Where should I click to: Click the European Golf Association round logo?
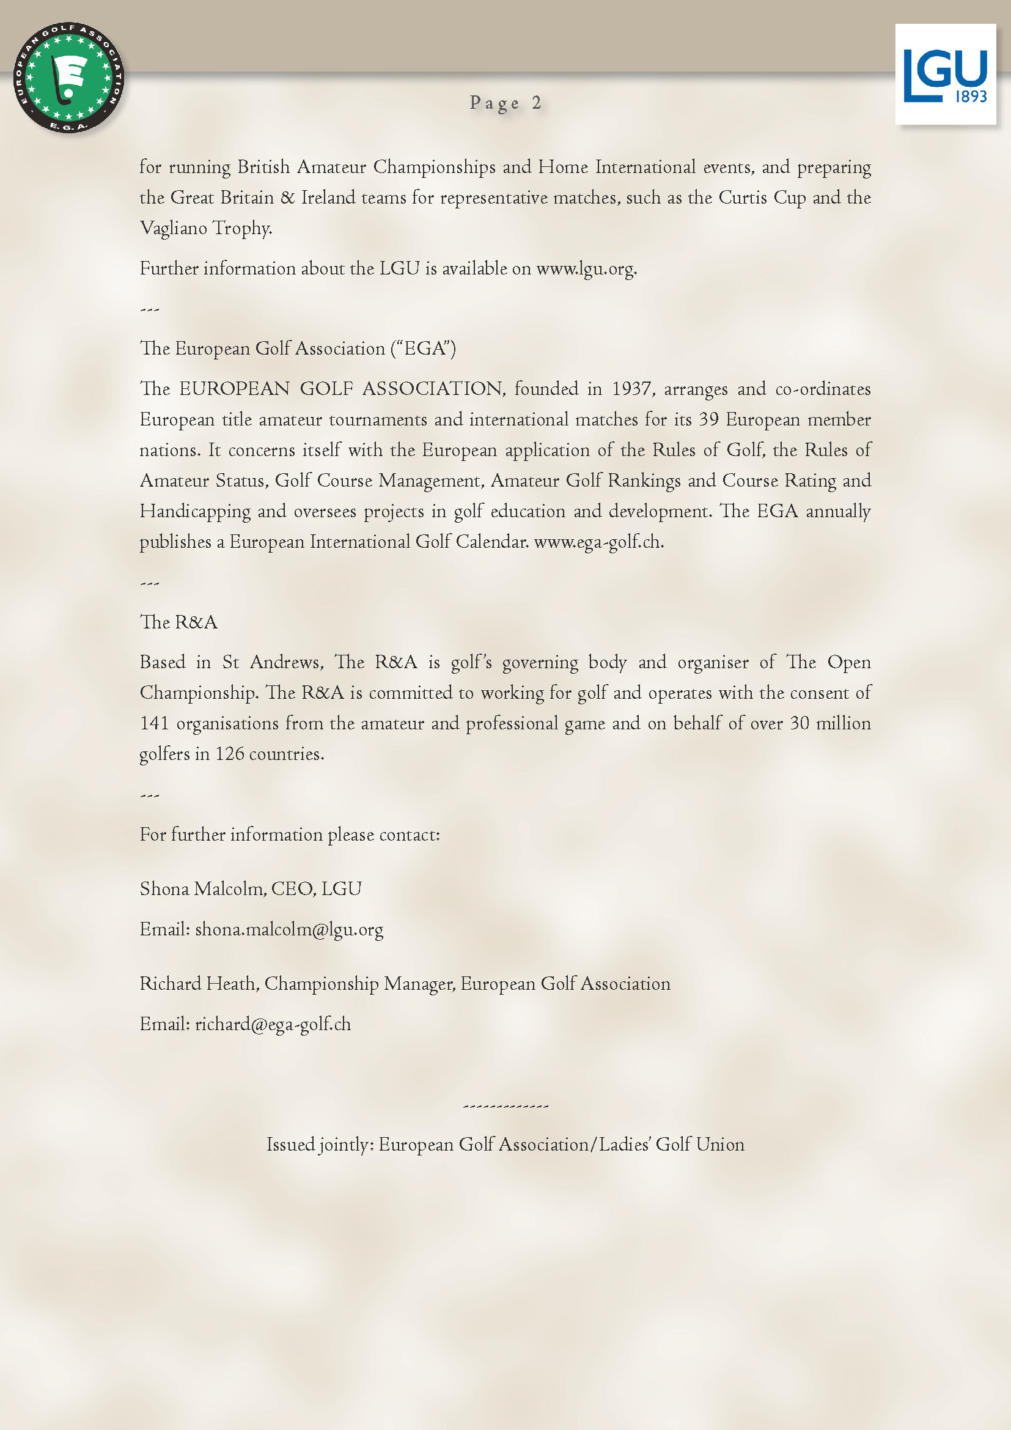[68, 78]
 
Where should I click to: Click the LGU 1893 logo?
[945, 75]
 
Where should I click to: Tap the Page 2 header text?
[505, 103]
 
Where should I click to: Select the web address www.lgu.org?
[586, 268]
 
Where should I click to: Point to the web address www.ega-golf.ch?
[598, 542]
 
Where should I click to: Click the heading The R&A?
[178, 622]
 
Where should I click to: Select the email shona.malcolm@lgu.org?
[289, 929]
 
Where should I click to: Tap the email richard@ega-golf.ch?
[273, 1024]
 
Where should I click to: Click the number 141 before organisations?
[155, 723]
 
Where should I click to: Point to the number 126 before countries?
[230, 754]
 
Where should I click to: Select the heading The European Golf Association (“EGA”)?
[298, 348]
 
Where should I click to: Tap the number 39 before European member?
[708, 419]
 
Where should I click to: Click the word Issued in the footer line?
[290, 1144]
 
